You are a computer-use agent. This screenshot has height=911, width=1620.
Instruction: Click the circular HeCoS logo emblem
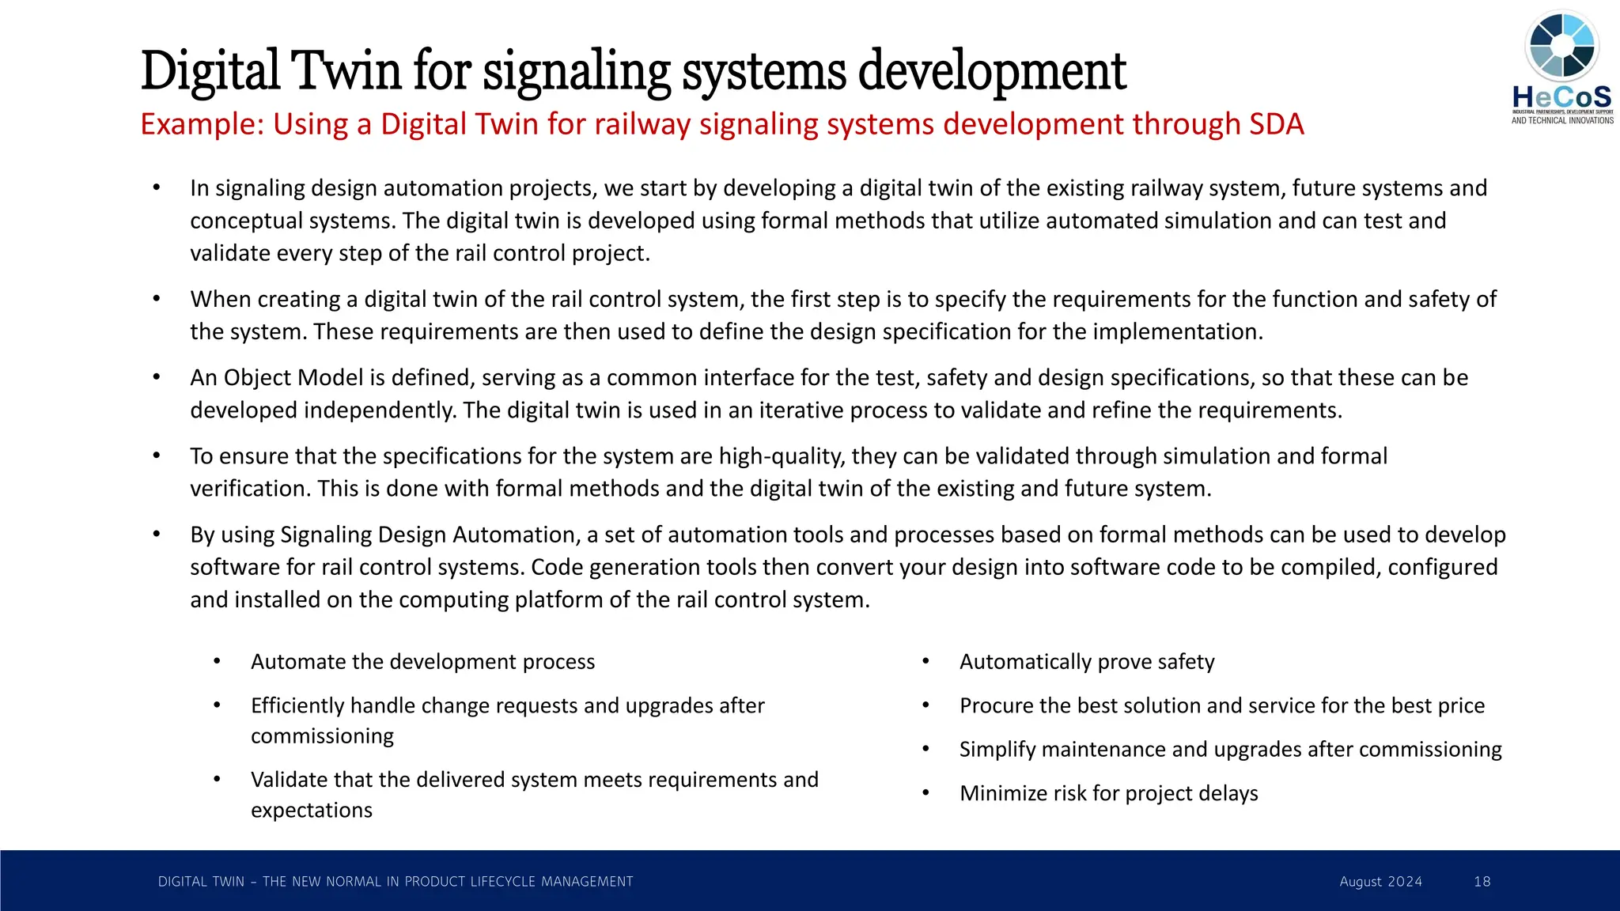pyautogui.click(x=1561, y=46)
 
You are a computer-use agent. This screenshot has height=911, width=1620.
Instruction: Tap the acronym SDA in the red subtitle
pyautogui.click(x=1277, y=124)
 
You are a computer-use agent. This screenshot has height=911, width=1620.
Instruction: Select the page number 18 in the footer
pyautogui.click(x=1482, y=882)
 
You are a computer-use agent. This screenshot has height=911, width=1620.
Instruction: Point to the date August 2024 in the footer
pyautogui.click(x=1380, y=882)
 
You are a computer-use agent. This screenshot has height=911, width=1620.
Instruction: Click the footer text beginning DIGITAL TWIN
pyautogui.click(x=396, y=882)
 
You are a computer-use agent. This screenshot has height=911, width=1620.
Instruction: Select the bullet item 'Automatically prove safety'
pyautogui.click(x=1087, y=662)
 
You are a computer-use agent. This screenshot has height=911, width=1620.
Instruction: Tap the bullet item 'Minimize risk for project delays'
pyautogui.click(x=1108, y=793)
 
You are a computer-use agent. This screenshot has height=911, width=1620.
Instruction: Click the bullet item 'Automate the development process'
pyautogui.click(x=422, y=662)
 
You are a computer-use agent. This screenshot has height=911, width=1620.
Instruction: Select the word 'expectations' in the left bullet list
pyautogui.click(x=312, y=811)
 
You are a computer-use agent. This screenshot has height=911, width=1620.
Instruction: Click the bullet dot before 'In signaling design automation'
pyautogui.click(x=157, y=188)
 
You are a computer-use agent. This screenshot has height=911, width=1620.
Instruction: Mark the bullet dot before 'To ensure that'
pyautogui.click(x=157, y=456)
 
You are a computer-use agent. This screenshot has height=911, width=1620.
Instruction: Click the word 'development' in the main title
pyautogui.click(x=992, y=71)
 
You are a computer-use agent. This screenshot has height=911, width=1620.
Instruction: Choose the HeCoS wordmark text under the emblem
pyautogui.click(x=1561, y=98)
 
